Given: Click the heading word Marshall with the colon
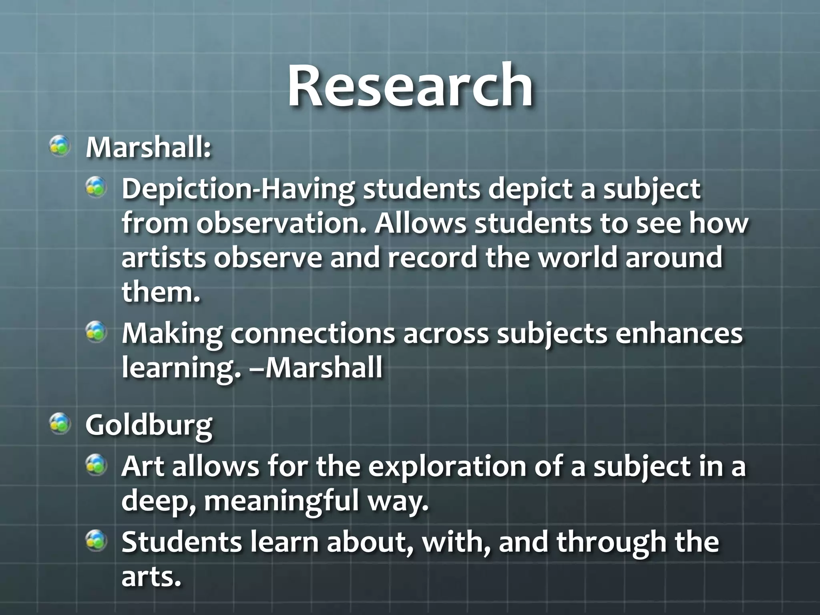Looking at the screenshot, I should coord(148,148).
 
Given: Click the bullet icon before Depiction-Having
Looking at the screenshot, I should coord(96,187).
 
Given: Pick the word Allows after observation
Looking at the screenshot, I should coord(420,223).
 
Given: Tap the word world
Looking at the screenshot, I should coord(577,257).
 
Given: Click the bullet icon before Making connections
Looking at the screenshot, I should coord(96,332).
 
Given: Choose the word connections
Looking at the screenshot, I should coord(313,334).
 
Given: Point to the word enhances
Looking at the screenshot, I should coord(679,334).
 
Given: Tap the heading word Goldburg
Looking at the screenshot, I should coord(149,426).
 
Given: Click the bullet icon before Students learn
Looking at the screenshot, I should coord(96,541).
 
